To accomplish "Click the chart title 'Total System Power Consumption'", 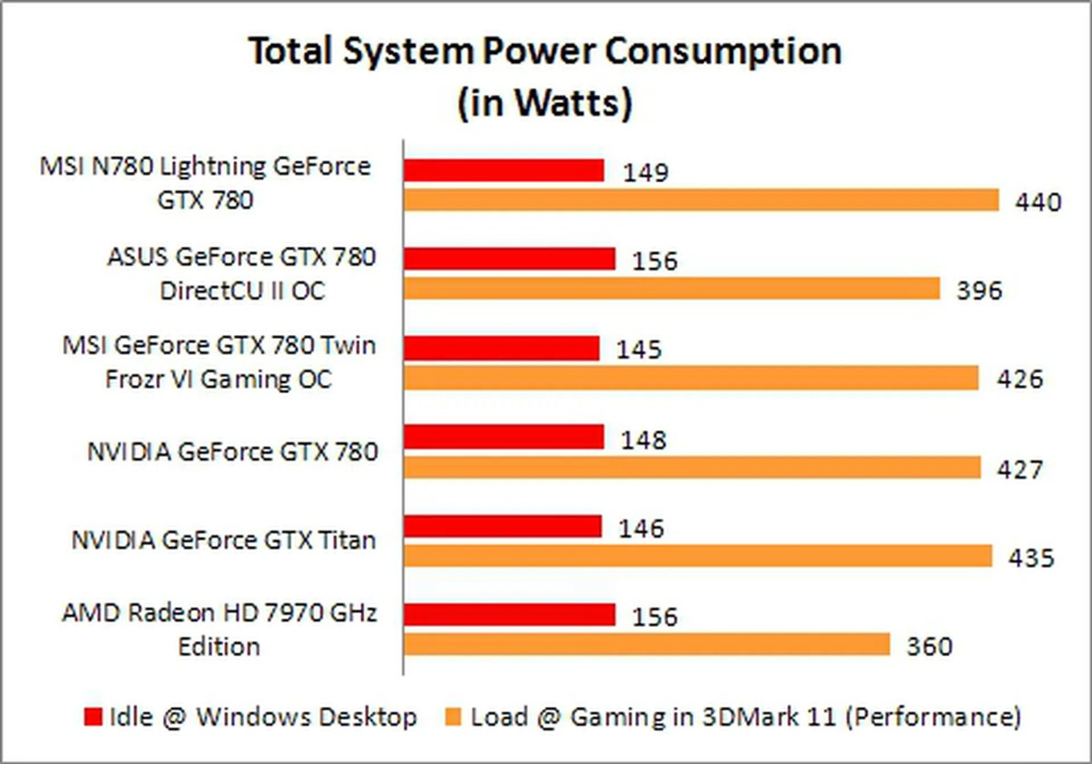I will (x=545, y=51).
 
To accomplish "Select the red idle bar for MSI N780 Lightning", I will (x=504, y=170).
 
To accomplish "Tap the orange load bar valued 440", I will (x=701, y=200).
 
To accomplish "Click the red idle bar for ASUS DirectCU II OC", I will (x=510, y=259).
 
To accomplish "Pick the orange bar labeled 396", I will (x=672, y=288).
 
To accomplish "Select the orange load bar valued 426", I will (x=691, y=378).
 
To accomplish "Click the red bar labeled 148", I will (x=504, y=437).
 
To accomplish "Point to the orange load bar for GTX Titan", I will (x=698, y=556).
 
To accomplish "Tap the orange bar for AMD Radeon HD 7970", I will (x=647, y=645).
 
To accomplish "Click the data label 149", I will (x=646, y=173).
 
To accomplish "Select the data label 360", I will (x=929, y=647).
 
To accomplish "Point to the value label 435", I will (x=1031, y=558).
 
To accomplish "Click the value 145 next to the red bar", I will (x=639, y=350).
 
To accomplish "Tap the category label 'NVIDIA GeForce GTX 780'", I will (x=233, y=452).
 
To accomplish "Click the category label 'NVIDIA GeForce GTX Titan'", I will (x=224, y=540).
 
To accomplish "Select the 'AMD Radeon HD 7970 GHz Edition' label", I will (x=220, y=629).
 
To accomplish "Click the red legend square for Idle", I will (x=93, y=716).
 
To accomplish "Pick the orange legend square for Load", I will (x=453, y=716).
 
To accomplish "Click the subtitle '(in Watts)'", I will (x=545, y=103).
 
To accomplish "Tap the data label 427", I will (x=1020, y=470).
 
